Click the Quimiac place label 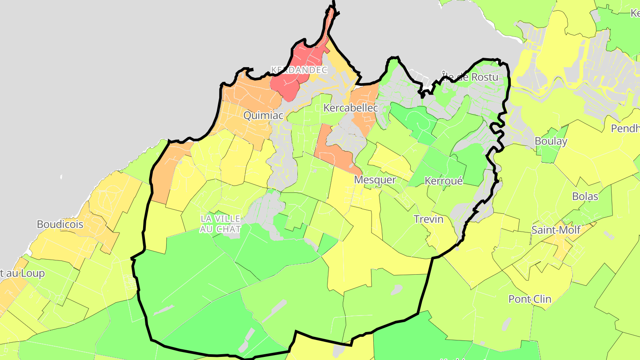pos(263,116)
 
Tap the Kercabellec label pos(351,108)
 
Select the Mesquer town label pos(375,180)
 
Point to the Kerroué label pos(444,181)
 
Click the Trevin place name pos(428,219)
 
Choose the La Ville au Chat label pos(220,224)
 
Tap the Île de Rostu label pos(470,77)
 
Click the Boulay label pos(551,141)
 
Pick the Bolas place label pos(585,196)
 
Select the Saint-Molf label pos(556,230)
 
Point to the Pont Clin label pos(530,299)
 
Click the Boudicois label pos(60,224)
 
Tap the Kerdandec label pos(299,70)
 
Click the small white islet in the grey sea pos(61,177)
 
